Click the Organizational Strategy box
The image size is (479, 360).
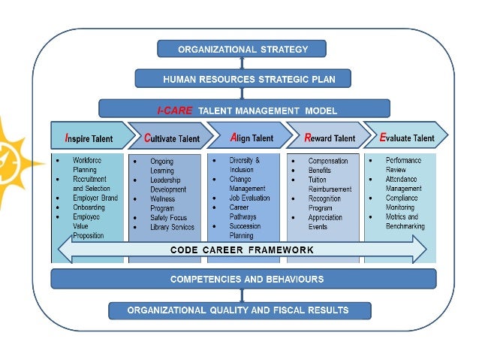(243, 50)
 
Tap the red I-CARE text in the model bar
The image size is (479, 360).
(175, 110)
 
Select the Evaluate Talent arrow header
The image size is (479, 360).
(406, 138)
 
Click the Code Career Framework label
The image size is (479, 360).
(242, 250)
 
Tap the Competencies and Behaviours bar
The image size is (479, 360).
(243, 279)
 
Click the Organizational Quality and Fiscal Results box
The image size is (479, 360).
(239, 310)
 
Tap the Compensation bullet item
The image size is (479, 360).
(328, 161)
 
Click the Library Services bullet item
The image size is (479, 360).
(172, 227)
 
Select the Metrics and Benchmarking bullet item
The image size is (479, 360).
(405, 221)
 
